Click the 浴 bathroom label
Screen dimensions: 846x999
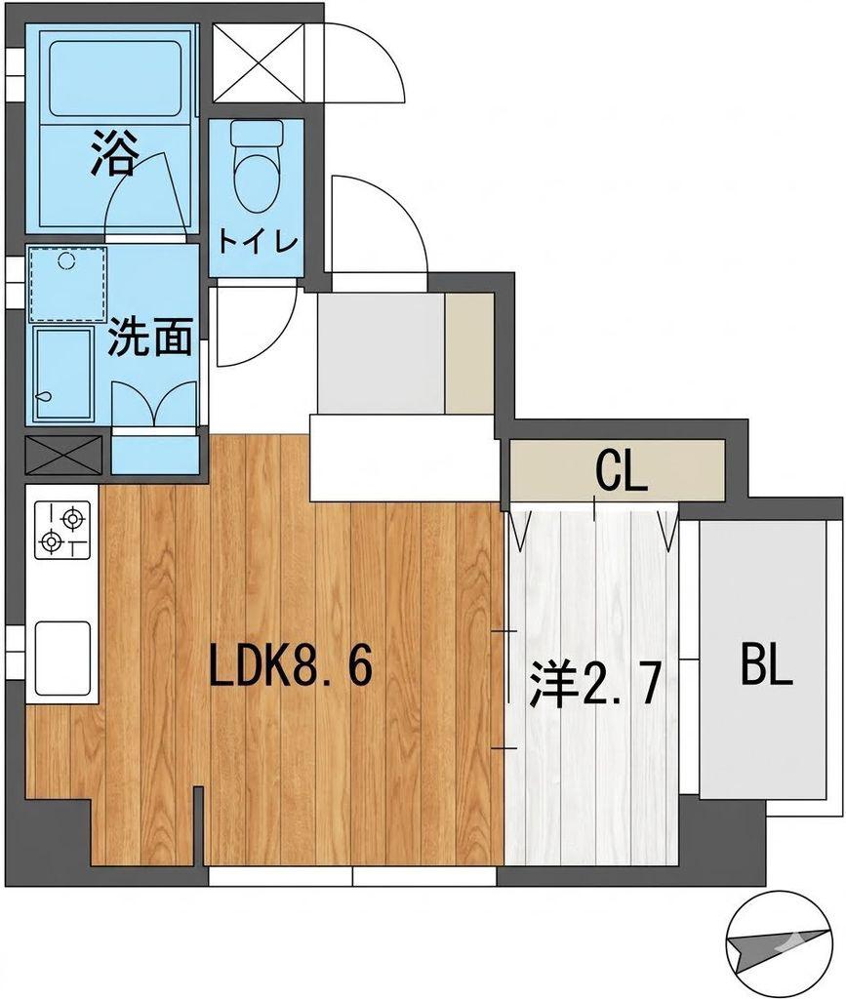click(113, 153)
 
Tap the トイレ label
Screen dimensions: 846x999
click(258, 242)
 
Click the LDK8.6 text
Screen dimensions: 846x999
click(291, 665)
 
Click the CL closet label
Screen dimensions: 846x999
click(622, 472)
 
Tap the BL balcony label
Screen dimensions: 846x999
click(768, 664)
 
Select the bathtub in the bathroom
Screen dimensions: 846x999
click(115, 79)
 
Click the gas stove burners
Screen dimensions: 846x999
click(61, 530)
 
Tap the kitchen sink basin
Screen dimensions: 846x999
click(61, 659)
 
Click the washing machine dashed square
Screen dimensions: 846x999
click(67, 284)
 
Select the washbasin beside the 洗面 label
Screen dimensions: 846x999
click(62, 374)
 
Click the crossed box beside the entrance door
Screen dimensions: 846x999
click(258, 62)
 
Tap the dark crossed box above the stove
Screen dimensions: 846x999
click(63, 455)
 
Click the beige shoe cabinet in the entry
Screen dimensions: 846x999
click(469, 353)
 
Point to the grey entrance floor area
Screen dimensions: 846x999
click(381, 353)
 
